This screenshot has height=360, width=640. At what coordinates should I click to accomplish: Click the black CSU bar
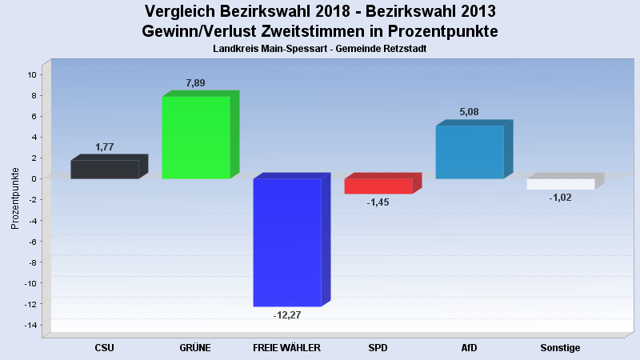(105, 169)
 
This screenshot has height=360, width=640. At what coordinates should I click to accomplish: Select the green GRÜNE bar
(196, 137)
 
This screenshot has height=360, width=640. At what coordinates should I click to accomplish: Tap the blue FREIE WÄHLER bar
(287, 242)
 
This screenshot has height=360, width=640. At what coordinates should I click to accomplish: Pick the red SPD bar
(378, 186)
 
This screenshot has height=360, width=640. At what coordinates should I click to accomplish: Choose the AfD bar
(470, 152)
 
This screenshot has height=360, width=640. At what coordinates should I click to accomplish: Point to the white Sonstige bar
(561, 184)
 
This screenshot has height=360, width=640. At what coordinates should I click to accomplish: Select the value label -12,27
(287, 315)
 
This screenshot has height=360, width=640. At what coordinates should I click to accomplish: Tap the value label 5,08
(469, 112)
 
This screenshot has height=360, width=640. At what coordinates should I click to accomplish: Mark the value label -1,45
(378, 202)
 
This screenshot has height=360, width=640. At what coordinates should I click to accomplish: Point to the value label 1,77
(106, 146)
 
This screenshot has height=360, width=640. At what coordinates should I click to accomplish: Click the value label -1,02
(560, 198)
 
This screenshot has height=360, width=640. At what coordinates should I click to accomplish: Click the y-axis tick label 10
(32, 74)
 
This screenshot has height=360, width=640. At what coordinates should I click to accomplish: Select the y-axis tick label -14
(30, 325)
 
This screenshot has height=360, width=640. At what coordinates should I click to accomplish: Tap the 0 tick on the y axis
(34, 178)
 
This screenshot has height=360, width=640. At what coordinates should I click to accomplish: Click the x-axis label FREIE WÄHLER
(286, 348)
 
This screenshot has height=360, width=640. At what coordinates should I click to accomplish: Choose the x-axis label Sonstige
(560, 348)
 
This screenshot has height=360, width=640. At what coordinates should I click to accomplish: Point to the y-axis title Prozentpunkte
(15, 198)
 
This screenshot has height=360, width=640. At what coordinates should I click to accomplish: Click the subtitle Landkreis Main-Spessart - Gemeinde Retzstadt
(320, 49)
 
